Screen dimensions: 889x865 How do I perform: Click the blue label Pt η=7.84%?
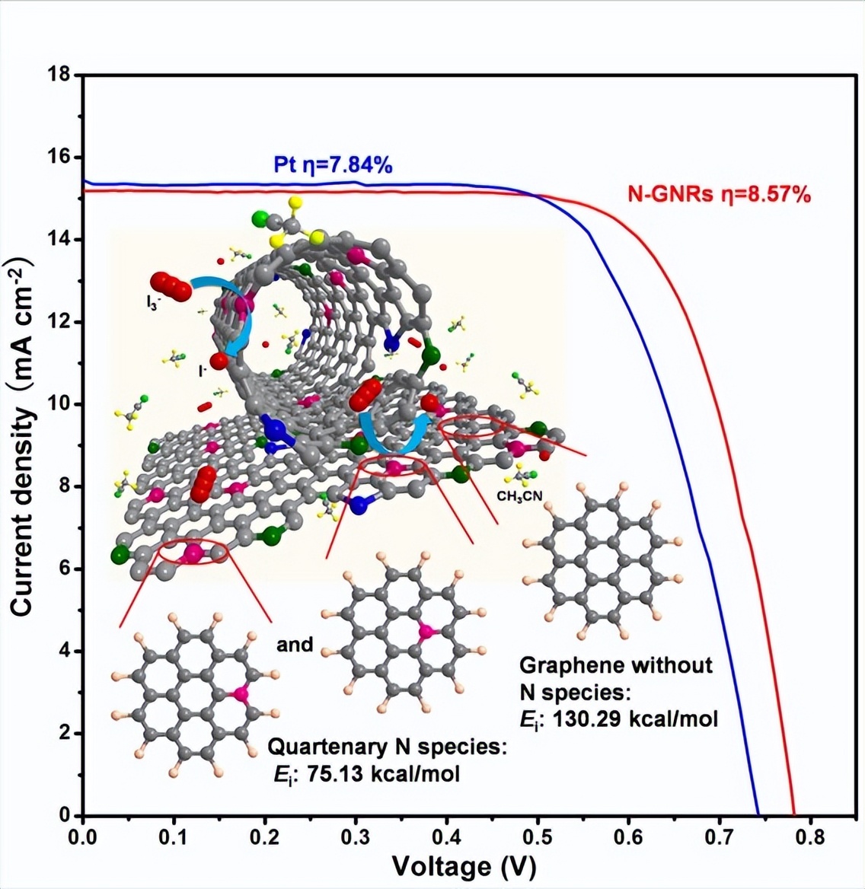click(333, 164)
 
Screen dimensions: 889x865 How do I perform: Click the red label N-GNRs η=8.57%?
click(719, 194)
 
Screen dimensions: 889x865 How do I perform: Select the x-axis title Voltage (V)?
click(464, 866)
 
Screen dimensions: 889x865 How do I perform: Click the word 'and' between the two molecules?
click(295, 645)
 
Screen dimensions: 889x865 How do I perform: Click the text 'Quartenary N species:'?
click(388, 747)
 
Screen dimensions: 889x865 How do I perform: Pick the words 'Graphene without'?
click(615, 665)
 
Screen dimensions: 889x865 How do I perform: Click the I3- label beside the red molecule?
click(153, 303)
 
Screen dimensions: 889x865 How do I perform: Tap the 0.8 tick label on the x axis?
click(809, 837)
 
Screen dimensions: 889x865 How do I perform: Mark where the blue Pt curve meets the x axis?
click(758, 814)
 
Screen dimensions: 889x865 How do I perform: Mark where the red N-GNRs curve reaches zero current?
click(794, 814)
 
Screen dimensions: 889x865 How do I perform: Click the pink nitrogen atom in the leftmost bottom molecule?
click(241, 693)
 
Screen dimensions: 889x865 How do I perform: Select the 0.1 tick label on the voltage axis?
click(174, 837)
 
